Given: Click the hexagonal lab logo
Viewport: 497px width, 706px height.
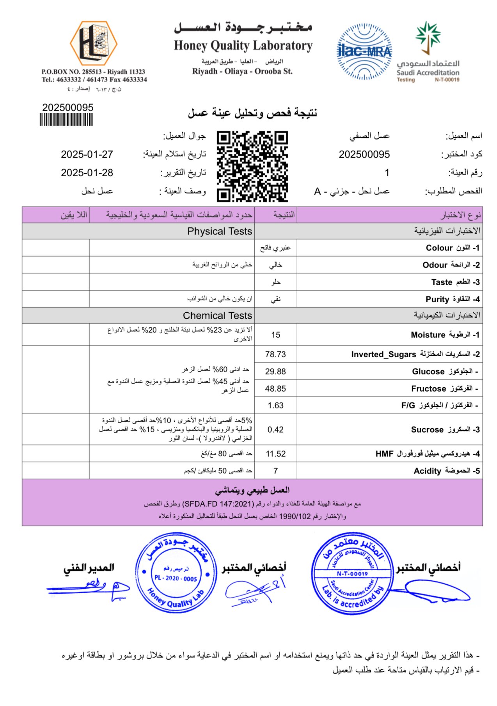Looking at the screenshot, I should [94, 43].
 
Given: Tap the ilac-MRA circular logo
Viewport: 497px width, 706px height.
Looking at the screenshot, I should [364, 51].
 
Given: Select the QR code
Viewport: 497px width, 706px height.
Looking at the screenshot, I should [252, 167].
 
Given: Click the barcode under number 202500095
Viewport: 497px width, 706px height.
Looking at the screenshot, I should [66, 119].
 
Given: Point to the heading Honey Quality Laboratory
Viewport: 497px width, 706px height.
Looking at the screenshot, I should [243, 46].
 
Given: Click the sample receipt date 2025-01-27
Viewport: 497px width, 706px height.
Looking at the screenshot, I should [87, 154].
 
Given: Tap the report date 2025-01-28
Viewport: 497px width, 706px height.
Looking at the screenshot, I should [87, 173].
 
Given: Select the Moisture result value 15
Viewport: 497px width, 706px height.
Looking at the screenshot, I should [275, 335].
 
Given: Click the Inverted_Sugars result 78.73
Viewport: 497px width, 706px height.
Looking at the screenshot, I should [275, 354].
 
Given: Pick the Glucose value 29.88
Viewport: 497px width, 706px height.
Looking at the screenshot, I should [275, 371].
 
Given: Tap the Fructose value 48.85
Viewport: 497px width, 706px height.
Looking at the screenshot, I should [275, 388].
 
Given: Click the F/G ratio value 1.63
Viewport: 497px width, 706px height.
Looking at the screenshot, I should [275, 406].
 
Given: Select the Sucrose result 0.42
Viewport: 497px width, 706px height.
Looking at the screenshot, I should [275, 429].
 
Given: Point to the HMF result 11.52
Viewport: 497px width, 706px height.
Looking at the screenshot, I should [275, 454].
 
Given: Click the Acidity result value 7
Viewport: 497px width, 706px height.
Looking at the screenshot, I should [275, 471].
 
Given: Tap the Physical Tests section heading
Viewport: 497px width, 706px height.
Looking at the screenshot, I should [220, 231].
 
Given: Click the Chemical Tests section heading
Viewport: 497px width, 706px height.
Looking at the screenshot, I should [217, 316].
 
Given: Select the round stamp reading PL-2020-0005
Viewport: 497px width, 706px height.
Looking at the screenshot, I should [176, 573].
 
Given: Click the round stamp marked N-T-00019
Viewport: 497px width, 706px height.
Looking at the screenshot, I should [352, 574].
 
